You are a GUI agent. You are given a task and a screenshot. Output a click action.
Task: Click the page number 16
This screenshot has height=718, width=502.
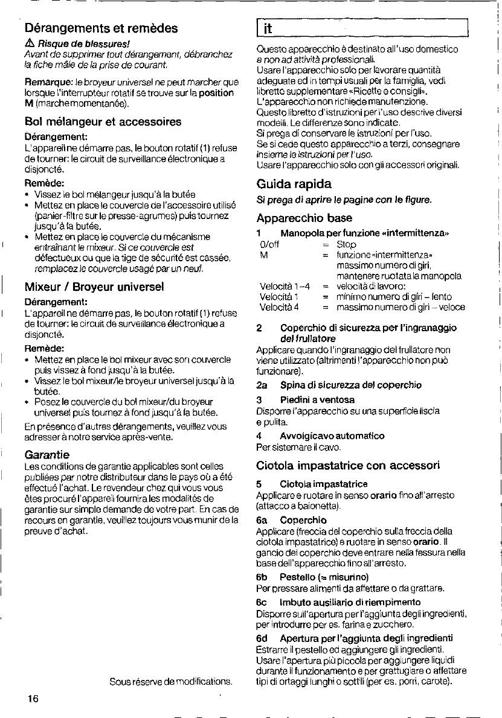click(x=33, y=699)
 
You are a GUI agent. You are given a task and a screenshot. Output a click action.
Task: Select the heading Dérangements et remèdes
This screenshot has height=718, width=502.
click(x=101, y=28)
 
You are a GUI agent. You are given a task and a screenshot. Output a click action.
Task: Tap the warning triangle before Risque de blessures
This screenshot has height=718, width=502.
click(x=30, y=44)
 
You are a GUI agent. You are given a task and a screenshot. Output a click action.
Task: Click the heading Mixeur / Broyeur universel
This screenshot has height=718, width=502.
click(x=94, y=286)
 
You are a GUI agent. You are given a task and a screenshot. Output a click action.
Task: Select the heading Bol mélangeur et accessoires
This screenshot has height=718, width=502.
click(x=103, y=121)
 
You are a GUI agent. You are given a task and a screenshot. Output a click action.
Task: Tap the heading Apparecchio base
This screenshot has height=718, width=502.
click(x=304, y=217)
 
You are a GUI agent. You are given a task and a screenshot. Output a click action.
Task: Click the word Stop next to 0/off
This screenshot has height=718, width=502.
click(x=346, y=244)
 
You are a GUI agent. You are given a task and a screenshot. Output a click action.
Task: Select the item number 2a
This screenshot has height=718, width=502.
click(x=262, y=385)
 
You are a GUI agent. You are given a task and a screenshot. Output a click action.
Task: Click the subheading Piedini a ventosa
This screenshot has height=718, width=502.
click(x=317, y=399)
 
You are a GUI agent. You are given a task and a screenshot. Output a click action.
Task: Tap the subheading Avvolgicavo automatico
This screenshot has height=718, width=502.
click(x=332, y=436)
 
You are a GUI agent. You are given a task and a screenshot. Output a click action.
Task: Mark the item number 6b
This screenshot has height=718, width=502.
click(x=262, y=577)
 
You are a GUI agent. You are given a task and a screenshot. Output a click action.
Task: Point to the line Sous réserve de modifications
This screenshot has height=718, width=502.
click(x=170, y=682)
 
